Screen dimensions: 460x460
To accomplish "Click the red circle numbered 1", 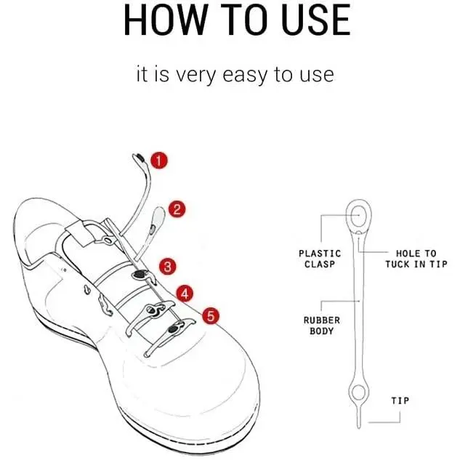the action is click(159, 161).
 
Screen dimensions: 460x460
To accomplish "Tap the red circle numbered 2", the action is click(177, 209).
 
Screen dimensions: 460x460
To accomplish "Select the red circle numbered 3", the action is click(168, 267).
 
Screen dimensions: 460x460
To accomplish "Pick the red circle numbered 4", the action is click(185, 294).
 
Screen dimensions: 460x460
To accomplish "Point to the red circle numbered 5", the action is click(211, 316).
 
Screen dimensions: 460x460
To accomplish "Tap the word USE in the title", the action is click(315, 20).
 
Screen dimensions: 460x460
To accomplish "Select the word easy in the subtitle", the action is click(245, 75).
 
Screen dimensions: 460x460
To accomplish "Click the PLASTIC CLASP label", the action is click(320, 259).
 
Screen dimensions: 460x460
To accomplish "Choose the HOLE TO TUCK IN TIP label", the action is click(416, 259).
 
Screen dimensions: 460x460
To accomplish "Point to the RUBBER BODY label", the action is click(321, 326).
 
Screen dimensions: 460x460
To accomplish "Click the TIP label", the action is click(400, 400).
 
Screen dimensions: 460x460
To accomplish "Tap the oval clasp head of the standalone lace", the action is click(358, 215).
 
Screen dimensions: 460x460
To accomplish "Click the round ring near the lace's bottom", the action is click(358, 393).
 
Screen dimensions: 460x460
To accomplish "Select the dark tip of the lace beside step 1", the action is click(140, 158).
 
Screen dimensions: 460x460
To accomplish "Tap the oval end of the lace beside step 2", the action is click(158, 216).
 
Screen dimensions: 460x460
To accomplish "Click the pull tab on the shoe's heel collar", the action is click(79, 233).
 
